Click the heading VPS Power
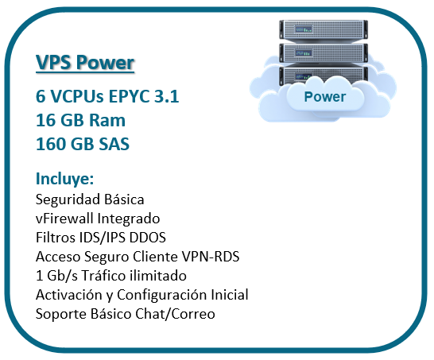(85, 64)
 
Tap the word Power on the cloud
(325, 97)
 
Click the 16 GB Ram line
(80, 121)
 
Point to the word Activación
(69, 295)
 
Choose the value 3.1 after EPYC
(168, 97)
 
